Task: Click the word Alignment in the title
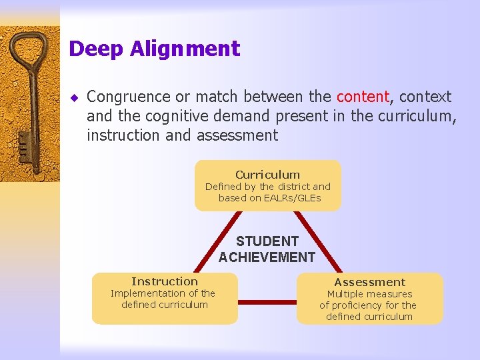click(185, 49)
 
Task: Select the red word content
click(363, 97)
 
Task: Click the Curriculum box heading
click(267, 175)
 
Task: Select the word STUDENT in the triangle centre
click(267, 241)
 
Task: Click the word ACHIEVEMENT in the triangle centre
click(267, 257)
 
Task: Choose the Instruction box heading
click(165, 281)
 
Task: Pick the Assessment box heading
click(369, 282)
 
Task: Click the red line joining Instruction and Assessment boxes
click(267, 302)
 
